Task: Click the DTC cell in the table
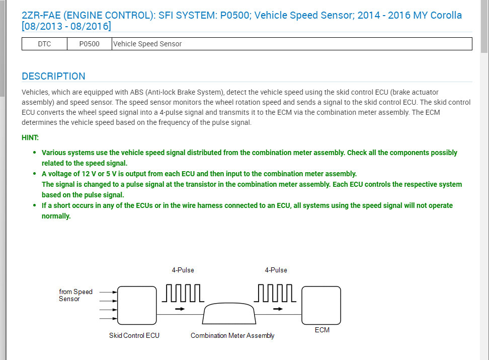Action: coord(44,44)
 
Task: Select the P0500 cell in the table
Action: coord(89,44)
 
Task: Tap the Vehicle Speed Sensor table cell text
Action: coord(147,44)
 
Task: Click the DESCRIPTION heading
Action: coord(53,77)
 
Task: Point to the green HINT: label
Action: coord(30,137)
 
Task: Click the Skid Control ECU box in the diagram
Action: coord(137,305)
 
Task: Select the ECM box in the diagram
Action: coord(321,305)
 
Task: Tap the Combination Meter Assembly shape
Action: coord(229,315)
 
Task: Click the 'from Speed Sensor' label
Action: coord(75,295)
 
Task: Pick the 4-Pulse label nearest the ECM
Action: coord(276,270)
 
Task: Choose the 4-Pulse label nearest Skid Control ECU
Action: coord(183,270)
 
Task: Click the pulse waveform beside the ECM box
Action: coord(276,293)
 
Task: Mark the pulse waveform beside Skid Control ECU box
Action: coord(183,293)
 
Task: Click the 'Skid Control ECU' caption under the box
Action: coord(134,335)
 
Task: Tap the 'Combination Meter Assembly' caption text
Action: coord(232,335)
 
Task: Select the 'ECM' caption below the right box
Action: coord(322,330)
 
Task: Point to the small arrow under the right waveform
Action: coord(277,309)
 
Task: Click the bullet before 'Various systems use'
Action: coord(35,153)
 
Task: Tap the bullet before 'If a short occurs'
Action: coord(35,205)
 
